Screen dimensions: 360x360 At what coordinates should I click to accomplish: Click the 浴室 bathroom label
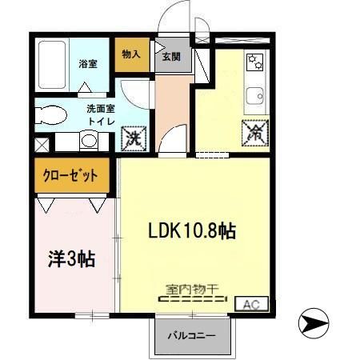tap(88, 64)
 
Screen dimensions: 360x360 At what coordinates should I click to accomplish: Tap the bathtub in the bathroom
tap(52, 65)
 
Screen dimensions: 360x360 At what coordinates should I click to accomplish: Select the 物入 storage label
tap(131, 54)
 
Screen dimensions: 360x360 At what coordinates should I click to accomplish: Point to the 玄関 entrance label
tap(171, 57)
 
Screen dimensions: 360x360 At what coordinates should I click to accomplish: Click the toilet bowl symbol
tap(50, 115)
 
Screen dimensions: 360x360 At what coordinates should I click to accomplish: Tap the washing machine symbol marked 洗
tap(134, 138)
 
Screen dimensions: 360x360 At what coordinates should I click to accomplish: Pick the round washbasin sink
tap(89, 141)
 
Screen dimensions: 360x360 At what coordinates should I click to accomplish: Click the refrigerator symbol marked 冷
tap(255, 133)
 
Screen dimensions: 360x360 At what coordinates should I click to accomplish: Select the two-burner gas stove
tap(255, 62)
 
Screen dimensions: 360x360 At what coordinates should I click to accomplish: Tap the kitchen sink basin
tap(254, 96)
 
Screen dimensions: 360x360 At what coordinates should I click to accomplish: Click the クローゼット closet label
tap(70, 175)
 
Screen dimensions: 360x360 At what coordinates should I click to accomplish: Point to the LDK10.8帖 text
tap(192, 231)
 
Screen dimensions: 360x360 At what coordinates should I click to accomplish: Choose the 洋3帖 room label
tap(71, 259)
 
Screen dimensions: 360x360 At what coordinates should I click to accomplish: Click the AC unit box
tap(251, 304)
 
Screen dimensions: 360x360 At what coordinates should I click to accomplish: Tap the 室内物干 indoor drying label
tap(192, 290)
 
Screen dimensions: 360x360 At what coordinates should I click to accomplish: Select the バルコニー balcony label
tap(191, 335)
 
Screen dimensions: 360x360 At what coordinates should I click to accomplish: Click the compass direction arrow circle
tap(314, 323)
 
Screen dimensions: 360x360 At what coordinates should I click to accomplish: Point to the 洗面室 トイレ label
tap(101, 115)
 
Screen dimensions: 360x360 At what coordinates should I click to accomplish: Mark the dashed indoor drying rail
tap(193, 299)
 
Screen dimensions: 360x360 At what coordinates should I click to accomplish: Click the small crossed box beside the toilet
tap(42, 145)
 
